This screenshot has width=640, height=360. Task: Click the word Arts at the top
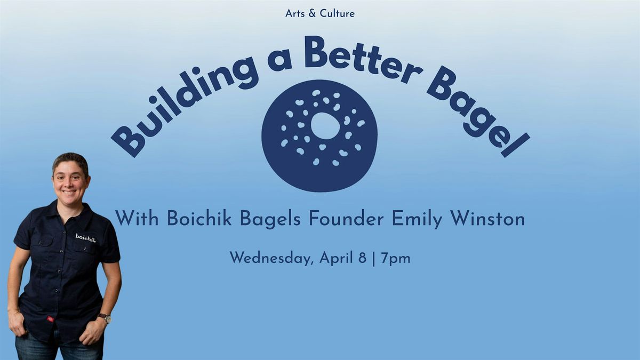tap(295, 13)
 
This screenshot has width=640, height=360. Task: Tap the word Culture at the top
tap(337, 13)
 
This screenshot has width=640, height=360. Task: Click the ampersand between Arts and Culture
tap(312, 13)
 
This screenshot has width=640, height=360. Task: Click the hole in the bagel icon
tap(325, 126)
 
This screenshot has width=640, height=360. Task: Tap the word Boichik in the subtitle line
tap(199, 219)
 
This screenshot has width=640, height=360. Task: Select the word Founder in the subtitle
tap(346, 219)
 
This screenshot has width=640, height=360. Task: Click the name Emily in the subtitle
tap(417, 220)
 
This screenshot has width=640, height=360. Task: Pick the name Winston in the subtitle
tap(487, 219)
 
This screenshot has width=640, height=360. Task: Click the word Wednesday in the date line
tap(270, 258)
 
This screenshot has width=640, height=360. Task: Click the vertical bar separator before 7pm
tap(374, 259)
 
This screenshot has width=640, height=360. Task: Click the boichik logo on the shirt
tap(86, 238)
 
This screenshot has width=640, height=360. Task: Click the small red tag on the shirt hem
tap(51, 319)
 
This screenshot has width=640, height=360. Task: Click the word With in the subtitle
tap(137, 219)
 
